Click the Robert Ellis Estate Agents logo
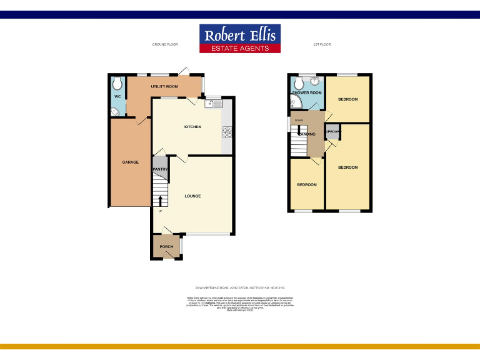pos(240,39)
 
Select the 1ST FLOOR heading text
pos(321,44)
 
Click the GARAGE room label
pos(130,162)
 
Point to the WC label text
pos(117,97)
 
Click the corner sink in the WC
pos(114,112)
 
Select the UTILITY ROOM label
pos(164,86)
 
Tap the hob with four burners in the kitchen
pos(227,132)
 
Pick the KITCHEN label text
pos(192,127)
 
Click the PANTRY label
pos(159,169)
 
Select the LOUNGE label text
pos(192,196)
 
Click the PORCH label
pos(166,247)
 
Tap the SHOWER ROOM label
pos(307,92)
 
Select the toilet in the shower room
pos(306,80)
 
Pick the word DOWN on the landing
pos(299,120)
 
